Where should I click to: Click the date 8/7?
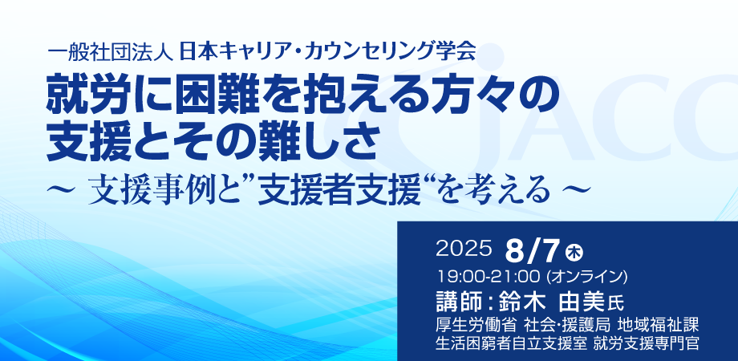click(x=533, y=251)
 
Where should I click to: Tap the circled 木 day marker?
click(x=574, y=251)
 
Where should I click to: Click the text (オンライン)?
click(x=586, y=277)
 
